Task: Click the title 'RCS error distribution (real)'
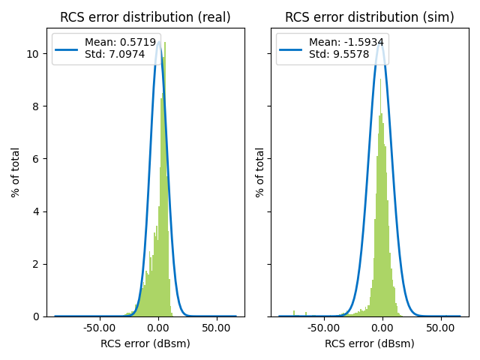click(145, 17)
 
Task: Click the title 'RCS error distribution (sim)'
click(369, 17)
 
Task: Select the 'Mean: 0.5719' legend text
click(117, 43)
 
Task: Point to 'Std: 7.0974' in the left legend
click(112, 54)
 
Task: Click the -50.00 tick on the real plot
click(98, 328)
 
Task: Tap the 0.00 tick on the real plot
click(158, 328)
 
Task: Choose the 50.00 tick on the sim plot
click(440, 328)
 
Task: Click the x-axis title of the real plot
click(145, 343)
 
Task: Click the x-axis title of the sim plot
click(369, 343)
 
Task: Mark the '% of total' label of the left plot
click(16, 172)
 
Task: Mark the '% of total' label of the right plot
click(260, 172)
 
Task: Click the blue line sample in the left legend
click(67, 49)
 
